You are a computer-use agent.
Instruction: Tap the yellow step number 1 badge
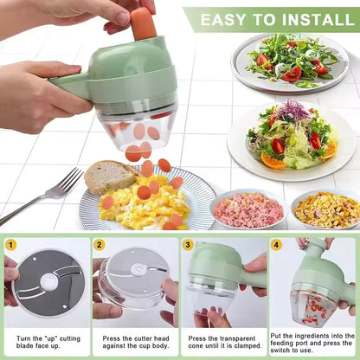[10, 245]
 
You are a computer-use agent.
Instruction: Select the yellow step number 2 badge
[100, 245]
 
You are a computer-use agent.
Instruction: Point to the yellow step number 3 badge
[188, 245]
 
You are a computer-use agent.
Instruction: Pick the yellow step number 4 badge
[276, 245]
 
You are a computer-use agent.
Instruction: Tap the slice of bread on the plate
[110, 177]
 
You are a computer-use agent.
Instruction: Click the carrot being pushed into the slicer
[144, 23]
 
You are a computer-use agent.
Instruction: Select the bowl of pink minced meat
[249, 210]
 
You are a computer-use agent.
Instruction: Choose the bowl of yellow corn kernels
[326, 210]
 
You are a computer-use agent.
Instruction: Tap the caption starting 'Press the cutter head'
[136, 342]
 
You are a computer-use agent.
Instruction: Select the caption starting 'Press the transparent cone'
[225, 342]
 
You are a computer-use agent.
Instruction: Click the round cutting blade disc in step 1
[49, 283]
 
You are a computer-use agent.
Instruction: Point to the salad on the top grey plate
[291, 61]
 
